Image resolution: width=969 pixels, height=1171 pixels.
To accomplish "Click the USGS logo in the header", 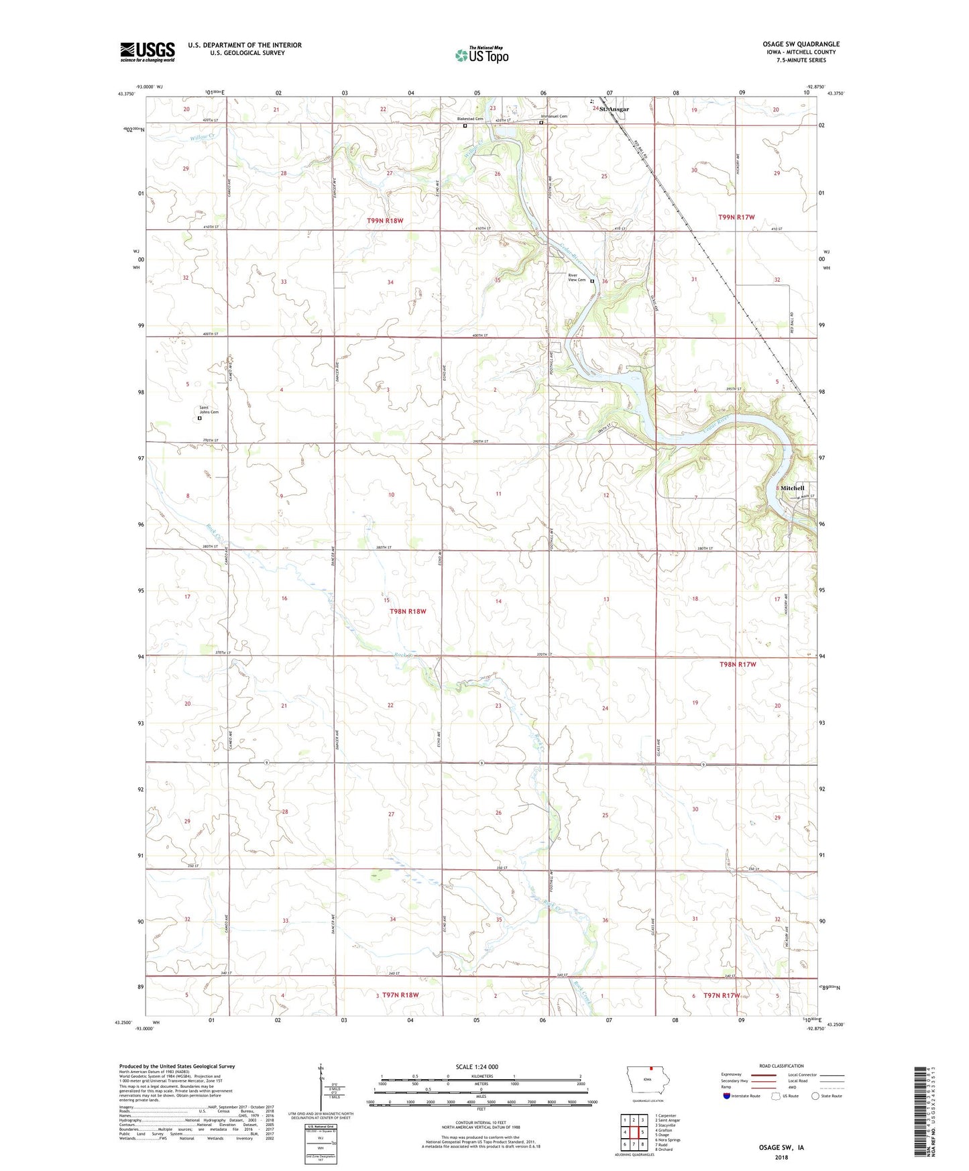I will (148, 52).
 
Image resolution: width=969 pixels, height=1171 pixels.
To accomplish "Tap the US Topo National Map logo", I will (482, 54).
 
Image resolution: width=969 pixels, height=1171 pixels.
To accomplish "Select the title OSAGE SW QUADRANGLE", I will (801, 44).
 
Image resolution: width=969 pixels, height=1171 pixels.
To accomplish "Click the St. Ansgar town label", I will (614, 109).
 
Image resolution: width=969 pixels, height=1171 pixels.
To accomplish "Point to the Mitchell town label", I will (792, 488).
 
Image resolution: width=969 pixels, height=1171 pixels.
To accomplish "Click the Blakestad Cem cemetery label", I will (470, 119).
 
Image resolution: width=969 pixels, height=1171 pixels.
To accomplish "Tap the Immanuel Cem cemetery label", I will (554, 116).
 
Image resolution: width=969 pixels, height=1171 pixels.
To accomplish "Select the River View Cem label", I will (577, 278).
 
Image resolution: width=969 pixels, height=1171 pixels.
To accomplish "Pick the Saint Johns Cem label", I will (209, 410).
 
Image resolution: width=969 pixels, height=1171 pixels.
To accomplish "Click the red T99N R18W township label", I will (385, 221).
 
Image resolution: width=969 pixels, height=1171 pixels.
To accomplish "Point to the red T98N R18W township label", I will (408, 612).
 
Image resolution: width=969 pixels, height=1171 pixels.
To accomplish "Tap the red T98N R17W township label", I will (738, 665).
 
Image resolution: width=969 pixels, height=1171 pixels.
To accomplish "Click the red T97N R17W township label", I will (722, 996).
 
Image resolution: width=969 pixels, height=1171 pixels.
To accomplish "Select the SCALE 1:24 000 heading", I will (477, 1067).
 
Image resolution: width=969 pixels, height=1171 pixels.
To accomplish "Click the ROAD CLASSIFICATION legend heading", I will (781, 1066).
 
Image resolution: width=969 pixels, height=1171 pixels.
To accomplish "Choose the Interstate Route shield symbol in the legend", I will (727, 1096).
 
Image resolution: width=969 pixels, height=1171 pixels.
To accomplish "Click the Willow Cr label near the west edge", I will (202, 137).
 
